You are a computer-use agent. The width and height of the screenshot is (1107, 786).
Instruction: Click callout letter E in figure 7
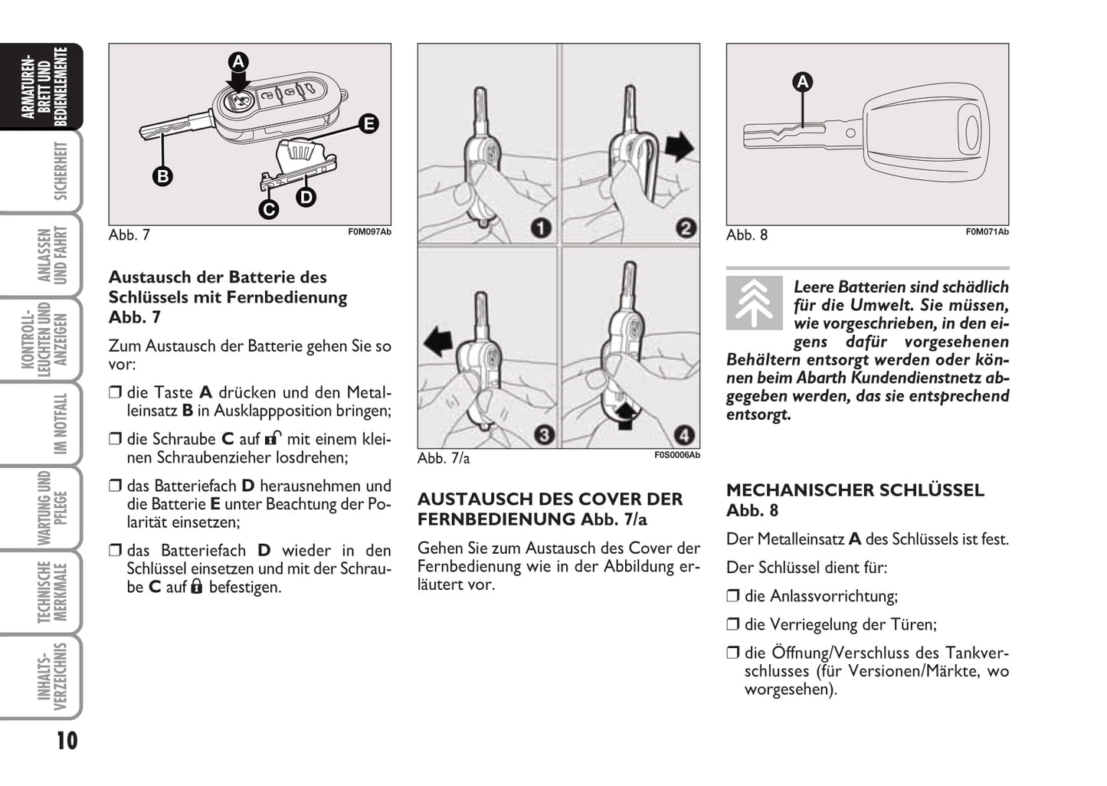tap(368, 123)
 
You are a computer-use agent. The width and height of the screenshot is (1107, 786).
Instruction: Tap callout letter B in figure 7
tap(162, 176)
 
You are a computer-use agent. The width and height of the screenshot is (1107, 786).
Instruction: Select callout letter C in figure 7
tap(269, 208)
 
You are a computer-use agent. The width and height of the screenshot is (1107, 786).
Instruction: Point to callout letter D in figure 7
tap(306, 197)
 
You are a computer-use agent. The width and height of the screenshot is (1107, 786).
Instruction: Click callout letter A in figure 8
tap(802, 82)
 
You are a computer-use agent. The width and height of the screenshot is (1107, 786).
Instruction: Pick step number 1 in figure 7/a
tap(542, 228)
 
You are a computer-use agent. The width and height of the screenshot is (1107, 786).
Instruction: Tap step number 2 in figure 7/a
tap(685, 228)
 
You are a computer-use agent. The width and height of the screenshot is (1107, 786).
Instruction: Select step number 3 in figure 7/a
tap(543, 435)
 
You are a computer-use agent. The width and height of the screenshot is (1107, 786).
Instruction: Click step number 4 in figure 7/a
tap(684, 435)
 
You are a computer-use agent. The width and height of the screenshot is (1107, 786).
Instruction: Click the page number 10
tap(67, 741)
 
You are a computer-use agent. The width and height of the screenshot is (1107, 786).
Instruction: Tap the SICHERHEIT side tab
tap(60, 171)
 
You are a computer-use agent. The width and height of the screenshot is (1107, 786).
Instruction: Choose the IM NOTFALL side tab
tap(60, 424)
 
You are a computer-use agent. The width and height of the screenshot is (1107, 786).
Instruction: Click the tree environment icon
tap(754, 303)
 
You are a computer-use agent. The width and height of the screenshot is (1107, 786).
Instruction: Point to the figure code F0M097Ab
tap(369, 231)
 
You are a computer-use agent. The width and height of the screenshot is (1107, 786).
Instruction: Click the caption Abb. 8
tap(746, 235)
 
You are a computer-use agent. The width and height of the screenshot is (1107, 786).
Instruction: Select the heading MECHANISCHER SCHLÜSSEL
tap(854, 490)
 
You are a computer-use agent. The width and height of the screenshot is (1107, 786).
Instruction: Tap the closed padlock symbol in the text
tap(197, 587)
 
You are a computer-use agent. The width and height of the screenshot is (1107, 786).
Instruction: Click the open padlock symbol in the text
tap(273, 439)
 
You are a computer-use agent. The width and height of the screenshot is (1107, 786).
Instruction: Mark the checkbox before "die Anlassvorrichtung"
tap(733, 596)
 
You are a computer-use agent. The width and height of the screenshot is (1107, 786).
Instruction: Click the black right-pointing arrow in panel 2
tap(679, 146)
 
